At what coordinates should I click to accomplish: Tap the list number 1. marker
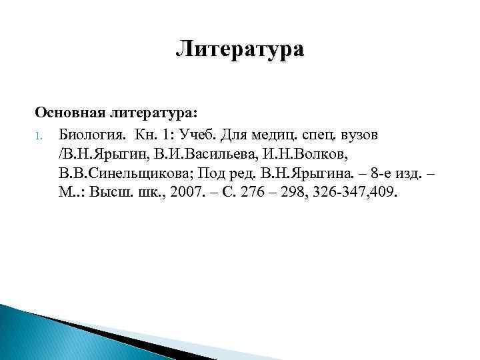(39, 135)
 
